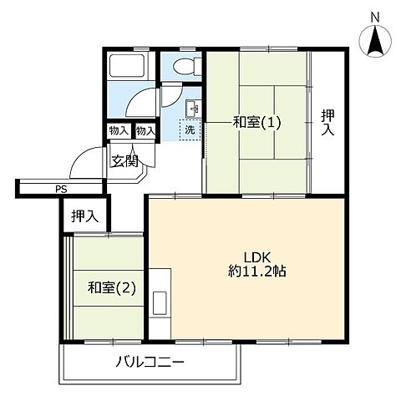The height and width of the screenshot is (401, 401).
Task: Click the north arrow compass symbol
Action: pyautogui.click(x=375, y=43)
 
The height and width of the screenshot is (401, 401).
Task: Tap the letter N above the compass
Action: pyautogui.click(x=375, y=17)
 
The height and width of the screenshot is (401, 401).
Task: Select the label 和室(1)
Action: pyautogui.click(x=256, y=123)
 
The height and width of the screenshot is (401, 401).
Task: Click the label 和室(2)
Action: pyautogui.click(x=111, y=289)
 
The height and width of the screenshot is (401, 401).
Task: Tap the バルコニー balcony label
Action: pyautogui.click(x=150, y=363)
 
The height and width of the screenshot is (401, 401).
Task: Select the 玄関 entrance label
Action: pyautogui.click(x=124, y=161)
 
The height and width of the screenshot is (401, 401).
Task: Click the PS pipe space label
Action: pyautogui.click(x=60, y=190)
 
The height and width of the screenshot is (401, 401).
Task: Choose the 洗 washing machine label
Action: pyautogui.click(x=190, y=129)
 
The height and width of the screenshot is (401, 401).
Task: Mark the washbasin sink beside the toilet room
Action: pyautogui.click(x=193, y=108)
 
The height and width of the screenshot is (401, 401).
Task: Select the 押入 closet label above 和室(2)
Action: pyautogui.click(x=84, y=216)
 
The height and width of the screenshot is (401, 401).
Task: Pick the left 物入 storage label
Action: pyautogui.click(x=119, y=131)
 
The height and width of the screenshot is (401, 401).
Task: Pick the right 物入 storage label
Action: pyautogui.click(x=145, y=131)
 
